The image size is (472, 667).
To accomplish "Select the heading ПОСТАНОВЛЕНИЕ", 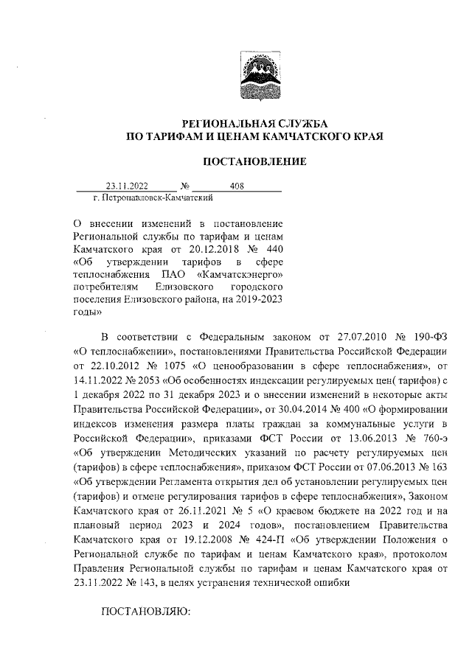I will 254,161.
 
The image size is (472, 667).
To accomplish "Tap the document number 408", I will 237,186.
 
